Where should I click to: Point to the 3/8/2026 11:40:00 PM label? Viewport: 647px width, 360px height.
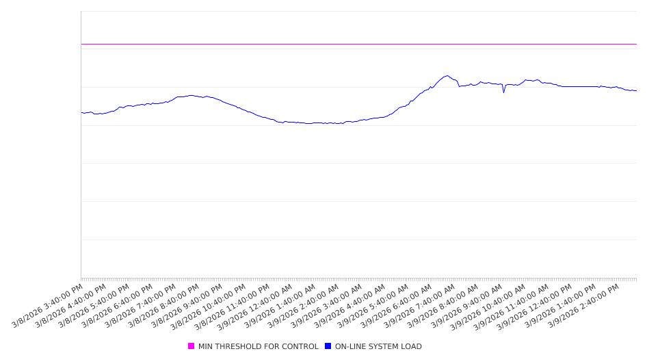click(235, 305)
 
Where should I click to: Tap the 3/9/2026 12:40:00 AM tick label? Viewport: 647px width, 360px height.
click(258, 305)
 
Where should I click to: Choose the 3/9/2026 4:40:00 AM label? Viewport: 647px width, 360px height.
click(351, 305)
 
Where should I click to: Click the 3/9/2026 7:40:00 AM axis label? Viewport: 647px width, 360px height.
click(421, 305)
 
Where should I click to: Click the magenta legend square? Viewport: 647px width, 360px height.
click(192, 346)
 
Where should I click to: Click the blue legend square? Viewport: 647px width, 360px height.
click(328, 346)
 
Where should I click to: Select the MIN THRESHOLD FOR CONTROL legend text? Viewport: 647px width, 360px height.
click(258, 346)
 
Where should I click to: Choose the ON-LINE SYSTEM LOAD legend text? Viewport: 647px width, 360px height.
click(378, 346)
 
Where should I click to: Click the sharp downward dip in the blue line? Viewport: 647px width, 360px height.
click(504, 92)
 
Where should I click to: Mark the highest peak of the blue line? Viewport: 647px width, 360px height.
click(447, 76)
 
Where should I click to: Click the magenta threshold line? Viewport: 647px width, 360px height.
click(342, 44)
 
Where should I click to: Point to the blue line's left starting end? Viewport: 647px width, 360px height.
click(81, 112)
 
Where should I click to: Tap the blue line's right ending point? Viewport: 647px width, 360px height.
click(636, 90)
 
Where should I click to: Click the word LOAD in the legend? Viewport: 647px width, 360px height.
click(412, 346)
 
